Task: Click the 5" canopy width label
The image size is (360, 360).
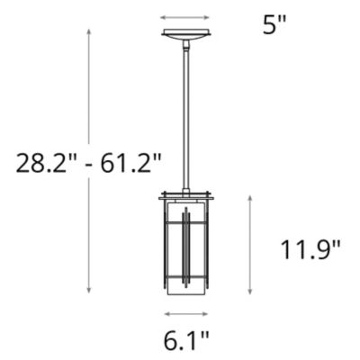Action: pos(274,24)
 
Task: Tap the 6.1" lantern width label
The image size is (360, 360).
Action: pos(186,341)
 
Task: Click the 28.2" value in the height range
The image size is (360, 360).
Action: pos(42,163)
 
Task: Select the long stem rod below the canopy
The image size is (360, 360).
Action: pos(185,117)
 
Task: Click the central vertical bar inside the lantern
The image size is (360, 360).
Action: pos(185,247)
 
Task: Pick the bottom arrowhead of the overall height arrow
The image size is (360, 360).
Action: pos(89,291)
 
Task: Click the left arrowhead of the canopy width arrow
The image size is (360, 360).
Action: pos(163,16)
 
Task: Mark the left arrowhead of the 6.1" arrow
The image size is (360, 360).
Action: pos(165,314)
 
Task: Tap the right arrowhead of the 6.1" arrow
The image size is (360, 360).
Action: pos(208,314)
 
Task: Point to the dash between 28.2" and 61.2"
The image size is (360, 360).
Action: pos(88,165)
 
